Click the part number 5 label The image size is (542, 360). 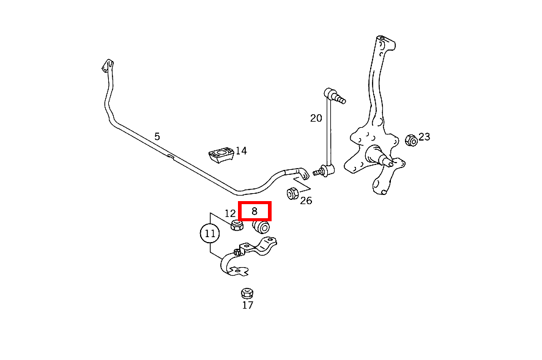click(x=157, y=136)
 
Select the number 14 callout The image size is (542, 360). click(x=241, y=150)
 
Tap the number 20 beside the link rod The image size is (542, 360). click(x=316, y=118)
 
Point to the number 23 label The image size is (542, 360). click(x=425, y=137)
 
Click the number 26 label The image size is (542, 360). click(x=306, y=200)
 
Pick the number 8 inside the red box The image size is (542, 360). click(x=254, y=211)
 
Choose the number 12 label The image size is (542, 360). click(x=230, y=213)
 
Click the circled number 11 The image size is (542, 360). click(x=210, y=233)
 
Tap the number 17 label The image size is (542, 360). click(x=248, y=305)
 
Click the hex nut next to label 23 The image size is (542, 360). click(x=411, y=140)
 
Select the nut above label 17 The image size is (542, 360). click(x=247, y=293)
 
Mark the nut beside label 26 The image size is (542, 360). click(x=293, y=194)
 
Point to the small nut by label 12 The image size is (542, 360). click(x=237, y=226)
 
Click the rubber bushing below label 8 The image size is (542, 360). click(x=261, y=227)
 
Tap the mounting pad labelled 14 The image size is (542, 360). click(x=221, y=155)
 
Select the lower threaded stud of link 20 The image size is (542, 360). click(x=317, y=172)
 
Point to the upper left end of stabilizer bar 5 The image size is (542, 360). click(x=108, y=65)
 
